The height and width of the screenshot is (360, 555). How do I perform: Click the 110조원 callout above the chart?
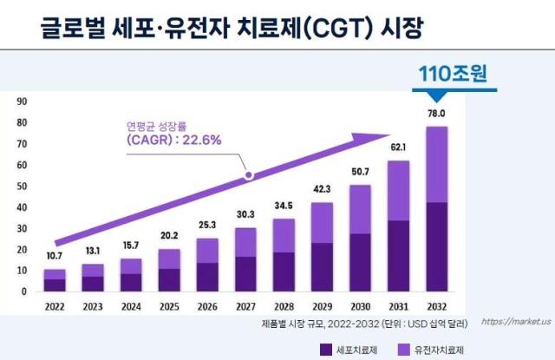pos(453,73)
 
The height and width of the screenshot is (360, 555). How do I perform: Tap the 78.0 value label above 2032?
pos(436,114)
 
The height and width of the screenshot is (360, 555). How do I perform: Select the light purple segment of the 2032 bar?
pos(437,164)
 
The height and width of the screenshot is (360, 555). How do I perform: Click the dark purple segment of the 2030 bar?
pos(361,262)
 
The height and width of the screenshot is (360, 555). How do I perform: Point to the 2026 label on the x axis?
pos(207,306)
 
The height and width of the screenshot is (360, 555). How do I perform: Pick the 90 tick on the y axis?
pos(22,101)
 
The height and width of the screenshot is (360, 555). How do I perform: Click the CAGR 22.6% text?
pos(173,140)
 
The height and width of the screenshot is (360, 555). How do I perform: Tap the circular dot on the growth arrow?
pos(249,175)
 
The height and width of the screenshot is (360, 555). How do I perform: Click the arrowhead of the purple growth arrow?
pos(372,138)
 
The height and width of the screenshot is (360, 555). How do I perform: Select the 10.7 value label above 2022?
pos(54,256)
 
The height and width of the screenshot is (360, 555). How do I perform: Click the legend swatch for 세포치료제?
pos(326,350)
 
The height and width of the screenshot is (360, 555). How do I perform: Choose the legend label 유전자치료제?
pos(439,350)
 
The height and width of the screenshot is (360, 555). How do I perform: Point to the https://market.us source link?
pos(516,322)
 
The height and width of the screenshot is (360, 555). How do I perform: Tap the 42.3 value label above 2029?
pos(322,189)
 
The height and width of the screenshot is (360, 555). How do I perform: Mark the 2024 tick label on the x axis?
pos(131,306)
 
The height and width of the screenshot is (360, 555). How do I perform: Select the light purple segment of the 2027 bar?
pos(245,243)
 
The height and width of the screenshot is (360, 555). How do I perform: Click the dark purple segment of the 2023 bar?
pos(93,284)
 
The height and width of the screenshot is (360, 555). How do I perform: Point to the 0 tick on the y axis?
pos(24,291)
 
